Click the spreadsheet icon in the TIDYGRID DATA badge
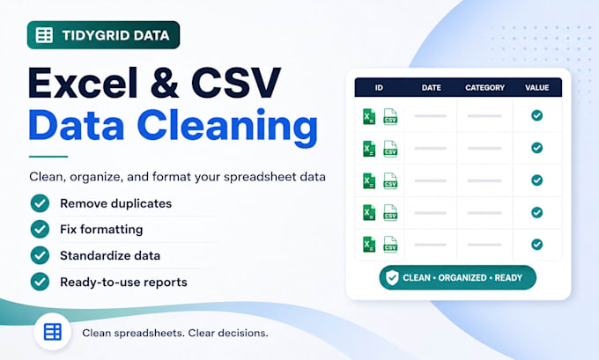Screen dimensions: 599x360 44,35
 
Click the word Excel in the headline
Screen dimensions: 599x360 83,83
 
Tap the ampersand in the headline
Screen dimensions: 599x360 165,83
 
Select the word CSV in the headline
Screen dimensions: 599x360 236,83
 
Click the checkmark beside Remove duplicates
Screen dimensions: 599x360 41,203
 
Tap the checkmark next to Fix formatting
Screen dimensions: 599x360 41,229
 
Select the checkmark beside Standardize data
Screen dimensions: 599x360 41,255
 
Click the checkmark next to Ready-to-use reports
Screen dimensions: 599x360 41,282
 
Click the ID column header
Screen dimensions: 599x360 379,88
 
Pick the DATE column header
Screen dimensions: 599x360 432,88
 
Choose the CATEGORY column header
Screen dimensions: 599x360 484,88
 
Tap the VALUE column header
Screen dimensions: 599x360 536,88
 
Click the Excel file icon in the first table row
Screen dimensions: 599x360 369,116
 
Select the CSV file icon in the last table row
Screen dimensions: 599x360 390,245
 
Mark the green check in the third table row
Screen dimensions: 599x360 536,180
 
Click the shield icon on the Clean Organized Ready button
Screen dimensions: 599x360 392,277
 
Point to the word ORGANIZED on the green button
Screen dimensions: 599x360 462,278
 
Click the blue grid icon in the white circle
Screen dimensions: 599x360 53,332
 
